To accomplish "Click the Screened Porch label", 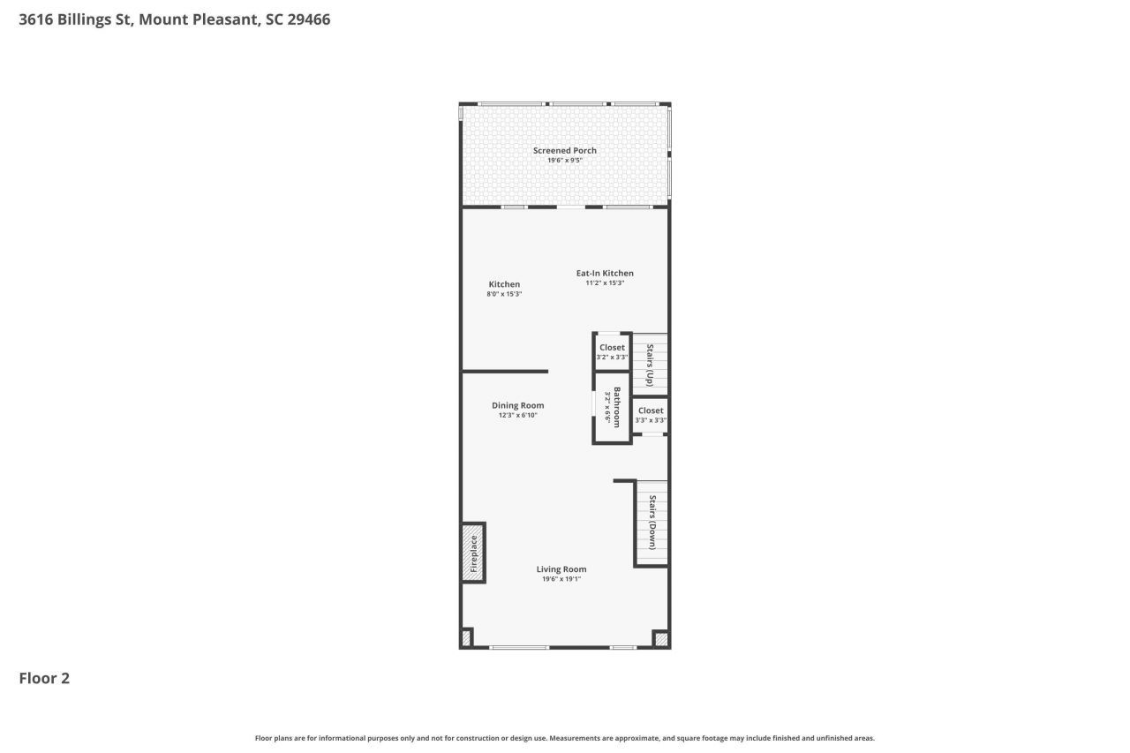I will click(564, 150).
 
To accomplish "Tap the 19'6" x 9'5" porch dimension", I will click(564, 161).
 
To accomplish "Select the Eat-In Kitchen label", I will click(605, 273).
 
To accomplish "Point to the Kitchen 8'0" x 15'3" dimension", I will click(504, 294).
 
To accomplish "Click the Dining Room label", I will click(517, 405).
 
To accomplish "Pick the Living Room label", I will click(561, 569).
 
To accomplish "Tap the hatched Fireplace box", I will click(473, 553).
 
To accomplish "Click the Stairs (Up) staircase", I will click(652, 365).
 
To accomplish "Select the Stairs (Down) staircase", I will click(652, 523).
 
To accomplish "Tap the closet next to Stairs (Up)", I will click(612, 351).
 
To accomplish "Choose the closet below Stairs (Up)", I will click(651, 415).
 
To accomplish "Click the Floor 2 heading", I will click(44, 678).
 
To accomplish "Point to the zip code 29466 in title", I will click(309, 19).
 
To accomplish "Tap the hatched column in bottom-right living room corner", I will click(660, 638).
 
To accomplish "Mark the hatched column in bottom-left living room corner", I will click(466, 637).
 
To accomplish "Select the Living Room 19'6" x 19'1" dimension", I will click(561, 579).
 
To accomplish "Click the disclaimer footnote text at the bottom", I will click(565, 738).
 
